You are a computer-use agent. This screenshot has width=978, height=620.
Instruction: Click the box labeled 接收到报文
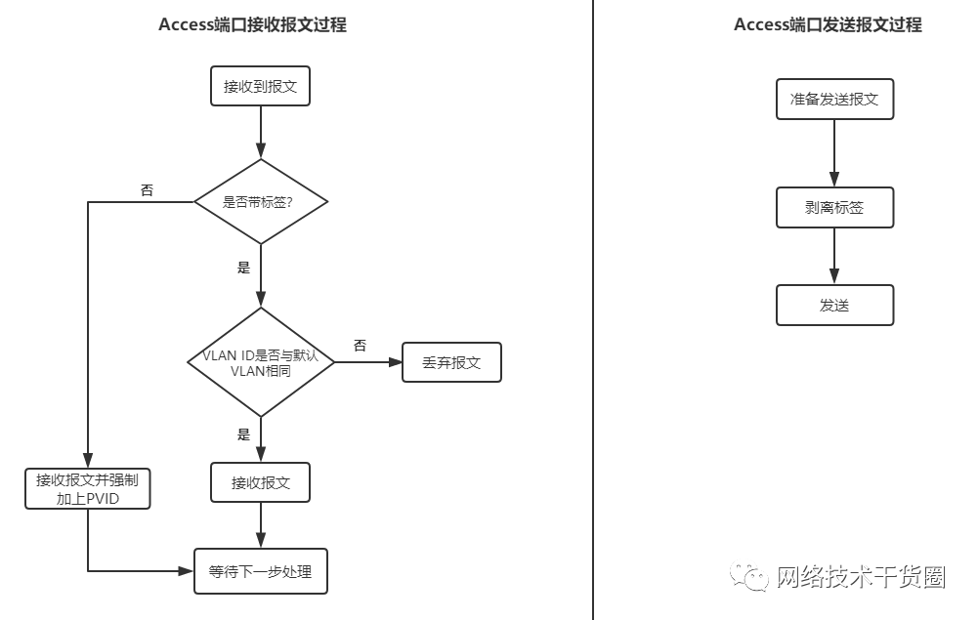coord(261,86)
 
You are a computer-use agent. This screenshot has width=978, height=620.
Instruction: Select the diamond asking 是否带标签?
coord(260,202)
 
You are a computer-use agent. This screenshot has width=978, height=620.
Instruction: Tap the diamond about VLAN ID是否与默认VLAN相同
coord(260,362)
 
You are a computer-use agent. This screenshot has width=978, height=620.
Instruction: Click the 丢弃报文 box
coord(451,362)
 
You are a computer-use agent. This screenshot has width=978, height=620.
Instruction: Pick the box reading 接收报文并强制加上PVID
coord(88,488)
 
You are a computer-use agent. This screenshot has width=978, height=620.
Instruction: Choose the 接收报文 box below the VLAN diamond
coord(261,482)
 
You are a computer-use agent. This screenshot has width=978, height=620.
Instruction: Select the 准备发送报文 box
coord(834,100)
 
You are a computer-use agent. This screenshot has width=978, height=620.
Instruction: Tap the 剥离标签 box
coord(834,207)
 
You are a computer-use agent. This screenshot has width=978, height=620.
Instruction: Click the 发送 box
coord(834,305)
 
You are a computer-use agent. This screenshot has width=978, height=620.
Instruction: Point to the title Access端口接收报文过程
coord(252,25)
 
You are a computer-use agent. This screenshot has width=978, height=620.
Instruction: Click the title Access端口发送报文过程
coord(828,25)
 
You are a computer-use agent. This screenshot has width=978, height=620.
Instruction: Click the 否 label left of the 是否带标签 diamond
coord(147,190)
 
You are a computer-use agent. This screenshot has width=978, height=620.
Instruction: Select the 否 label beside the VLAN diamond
coord(360,346)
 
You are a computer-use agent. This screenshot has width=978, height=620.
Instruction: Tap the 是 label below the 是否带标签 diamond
coord(244,268)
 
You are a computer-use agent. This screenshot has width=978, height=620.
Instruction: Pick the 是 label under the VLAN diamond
coord(244,434)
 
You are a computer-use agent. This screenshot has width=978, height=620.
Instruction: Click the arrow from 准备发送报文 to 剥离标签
coord(834,153)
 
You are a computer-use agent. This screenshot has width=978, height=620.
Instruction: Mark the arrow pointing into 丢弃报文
coord(369,362)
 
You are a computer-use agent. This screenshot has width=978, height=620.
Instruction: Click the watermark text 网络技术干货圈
coord(861,577)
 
